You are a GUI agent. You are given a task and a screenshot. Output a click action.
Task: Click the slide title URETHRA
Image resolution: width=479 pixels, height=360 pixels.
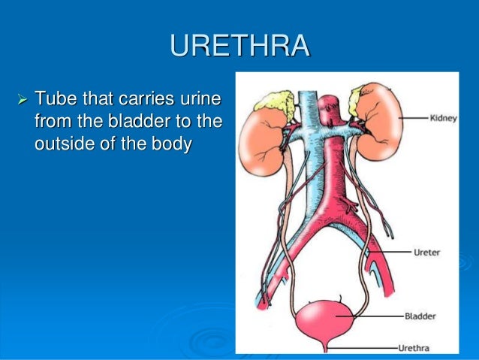pyautogui.click(x=239, y=47)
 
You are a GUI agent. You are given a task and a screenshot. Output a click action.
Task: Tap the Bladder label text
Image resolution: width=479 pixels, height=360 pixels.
pyautogui.click(x=430, y=317)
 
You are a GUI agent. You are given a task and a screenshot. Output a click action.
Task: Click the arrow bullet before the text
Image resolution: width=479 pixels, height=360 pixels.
pyautogui.click(x=21, y=100)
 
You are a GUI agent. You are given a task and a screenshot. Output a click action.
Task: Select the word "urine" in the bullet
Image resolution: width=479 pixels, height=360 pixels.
pyautogui.click(x=206, y=100)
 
